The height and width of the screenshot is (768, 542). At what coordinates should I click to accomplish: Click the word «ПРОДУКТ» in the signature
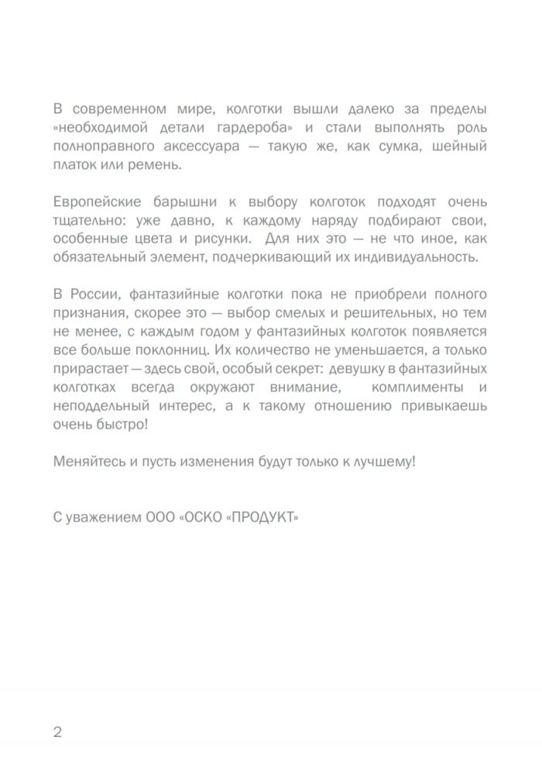point(260,518)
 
